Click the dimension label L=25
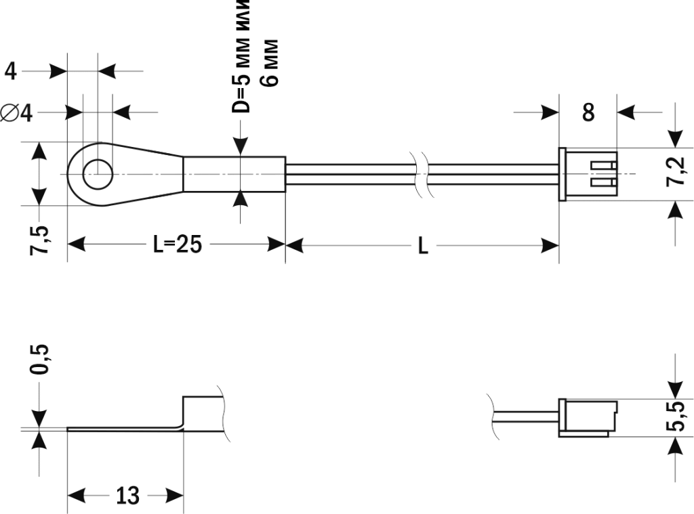point(177,244)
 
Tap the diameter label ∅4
point(18,112)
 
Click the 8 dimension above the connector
point(588,112)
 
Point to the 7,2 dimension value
point(676,172)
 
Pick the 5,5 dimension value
point(676,416)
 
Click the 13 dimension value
point(126,496)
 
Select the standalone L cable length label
point(422,246)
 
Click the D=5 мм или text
point(242,54)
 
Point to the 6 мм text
point(270,62)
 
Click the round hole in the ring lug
point(98,174)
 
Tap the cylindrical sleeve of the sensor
point(234,174)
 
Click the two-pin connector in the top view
point(588,174)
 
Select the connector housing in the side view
point(588,417)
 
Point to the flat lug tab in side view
point(122,428)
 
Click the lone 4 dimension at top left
point(12,70)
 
